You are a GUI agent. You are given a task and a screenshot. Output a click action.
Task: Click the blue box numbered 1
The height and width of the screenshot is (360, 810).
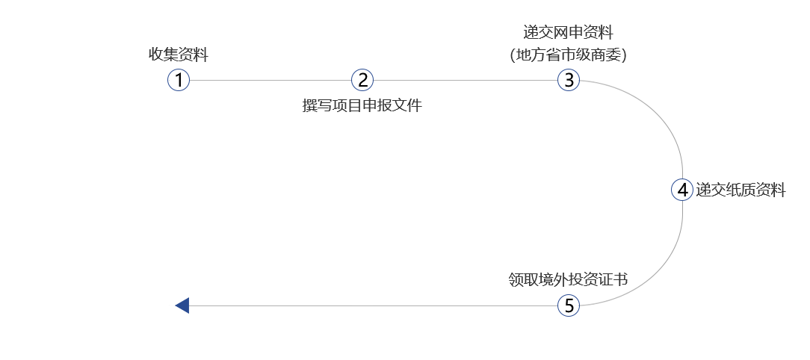pos(179,80)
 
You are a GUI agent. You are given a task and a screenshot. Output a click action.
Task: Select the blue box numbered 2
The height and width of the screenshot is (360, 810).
pos(362,80)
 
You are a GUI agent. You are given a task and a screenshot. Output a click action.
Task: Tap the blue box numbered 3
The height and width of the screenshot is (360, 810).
pos(569,80)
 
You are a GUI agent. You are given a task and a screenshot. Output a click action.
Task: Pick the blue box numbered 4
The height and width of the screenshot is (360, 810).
pos(682,190)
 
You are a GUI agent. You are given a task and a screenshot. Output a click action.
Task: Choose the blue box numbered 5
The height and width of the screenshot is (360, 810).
pos(569,305)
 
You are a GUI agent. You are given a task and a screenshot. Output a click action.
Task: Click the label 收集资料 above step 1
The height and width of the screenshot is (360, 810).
pos(179,55)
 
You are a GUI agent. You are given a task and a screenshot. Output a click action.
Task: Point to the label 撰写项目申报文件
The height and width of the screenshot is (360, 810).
pos(362,105)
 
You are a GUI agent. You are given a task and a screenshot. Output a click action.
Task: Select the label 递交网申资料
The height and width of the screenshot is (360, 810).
pos(569,33)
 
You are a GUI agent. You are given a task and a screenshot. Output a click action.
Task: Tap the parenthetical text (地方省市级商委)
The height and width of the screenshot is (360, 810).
pos(569,55)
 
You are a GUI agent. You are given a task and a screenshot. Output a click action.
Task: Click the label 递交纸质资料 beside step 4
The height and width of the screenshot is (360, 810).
pos(741,190)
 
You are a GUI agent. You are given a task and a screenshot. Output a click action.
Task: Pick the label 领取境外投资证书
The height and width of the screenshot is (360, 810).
pos(569,279)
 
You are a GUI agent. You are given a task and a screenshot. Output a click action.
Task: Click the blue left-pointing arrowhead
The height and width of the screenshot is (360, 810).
pos(182,305)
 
